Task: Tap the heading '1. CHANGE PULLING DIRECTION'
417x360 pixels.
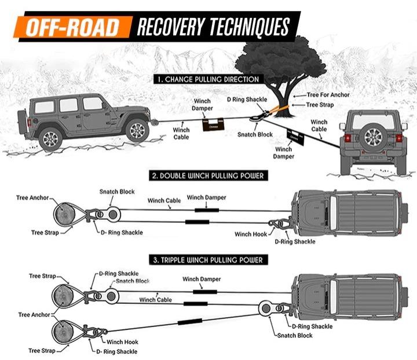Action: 206,78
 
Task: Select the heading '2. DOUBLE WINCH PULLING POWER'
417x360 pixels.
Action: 206,175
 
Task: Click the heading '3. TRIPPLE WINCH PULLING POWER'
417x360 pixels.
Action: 207,260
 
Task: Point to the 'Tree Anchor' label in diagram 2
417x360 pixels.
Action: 32,198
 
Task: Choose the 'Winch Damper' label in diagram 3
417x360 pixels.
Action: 202,279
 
